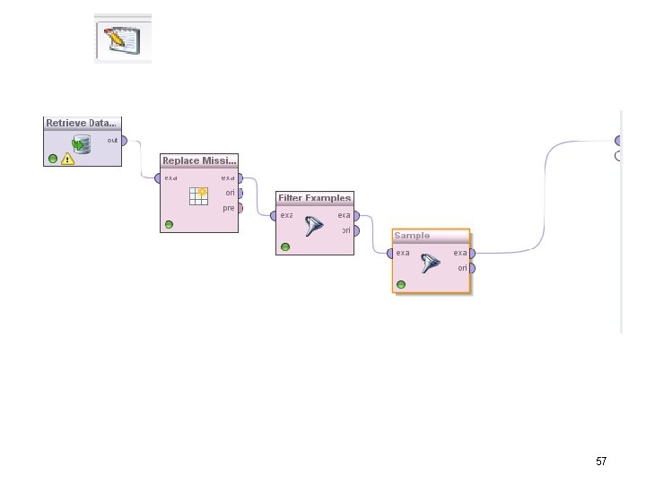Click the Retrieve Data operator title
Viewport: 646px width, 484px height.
[81, 123]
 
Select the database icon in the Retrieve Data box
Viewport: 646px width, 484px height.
[82, 143]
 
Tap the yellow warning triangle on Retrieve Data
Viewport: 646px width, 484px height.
[68, 160]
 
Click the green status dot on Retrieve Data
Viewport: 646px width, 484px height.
[53, 159]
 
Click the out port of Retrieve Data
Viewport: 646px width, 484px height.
[124, 140]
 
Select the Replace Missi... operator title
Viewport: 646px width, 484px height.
[199, 160]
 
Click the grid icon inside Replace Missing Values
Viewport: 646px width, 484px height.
[198, 196]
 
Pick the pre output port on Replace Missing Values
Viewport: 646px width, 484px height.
[240, 208]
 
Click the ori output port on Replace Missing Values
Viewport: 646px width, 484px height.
[240, 193]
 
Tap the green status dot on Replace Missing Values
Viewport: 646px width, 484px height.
[169, 224]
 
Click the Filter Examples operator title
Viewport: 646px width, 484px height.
[314, 197]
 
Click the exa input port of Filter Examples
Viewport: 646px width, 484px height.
[274, 215]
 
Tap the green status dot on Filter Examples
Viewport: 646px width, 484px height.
[285, 246]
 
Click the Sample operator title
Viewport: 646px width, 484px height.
[412, 236]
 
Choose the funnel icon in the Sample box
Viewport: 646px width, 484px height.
[432, 264]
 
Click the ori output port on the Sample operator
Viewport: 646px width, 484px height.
[472, 268]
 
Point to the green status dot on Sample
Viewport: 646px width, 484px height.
[400, 284]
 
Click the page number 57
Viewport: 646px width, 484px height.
[601, 462]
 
